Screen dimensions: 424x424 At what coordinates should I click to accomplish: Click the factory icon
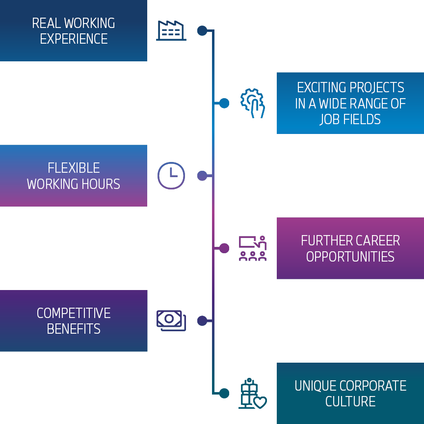171,31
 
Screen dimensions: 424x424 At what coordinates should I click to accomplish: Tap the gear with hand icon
253,103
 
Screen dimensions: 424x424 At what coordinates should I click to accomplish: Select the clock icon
171,176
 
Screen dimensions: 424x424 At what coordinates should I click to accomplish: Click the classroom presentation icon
253,248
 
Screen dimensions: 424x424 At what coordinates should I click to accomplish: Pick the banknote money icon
171,320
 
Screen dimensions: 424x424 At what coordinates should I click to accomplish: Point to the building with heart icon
253,393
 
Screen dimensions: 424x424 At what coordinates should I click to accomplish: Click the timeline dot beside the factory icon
202,31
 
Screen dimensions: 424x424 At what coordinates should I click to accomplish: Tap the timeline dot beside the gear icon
224,103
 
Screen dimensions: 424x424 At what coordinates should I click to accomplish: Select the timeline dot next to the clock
202,176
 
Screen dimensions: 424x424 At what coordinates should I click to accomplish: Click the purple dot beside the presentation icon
224,248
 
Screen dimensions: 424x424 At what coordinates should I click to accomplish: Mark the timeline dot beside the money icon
202,320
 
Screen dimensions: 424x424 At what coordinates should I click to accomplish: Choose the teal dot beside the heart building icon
224,393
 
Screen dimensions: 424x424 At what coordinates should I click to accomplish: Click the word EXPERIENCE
74,39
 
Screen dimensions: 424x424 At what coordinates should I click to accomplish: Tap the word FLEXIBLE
74,168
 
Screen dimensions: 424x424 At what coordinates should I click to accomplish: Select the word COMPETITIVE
74,313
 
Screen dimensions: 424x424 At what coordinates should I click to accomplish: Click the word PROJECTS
377,87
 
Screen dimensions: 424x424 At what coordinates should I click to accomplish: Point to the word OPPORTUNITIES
350,257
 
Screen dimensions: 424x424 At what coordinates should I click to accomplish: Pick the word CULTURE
350,401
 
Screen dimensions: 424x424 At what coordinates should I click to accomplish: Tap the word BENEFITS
74,329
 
